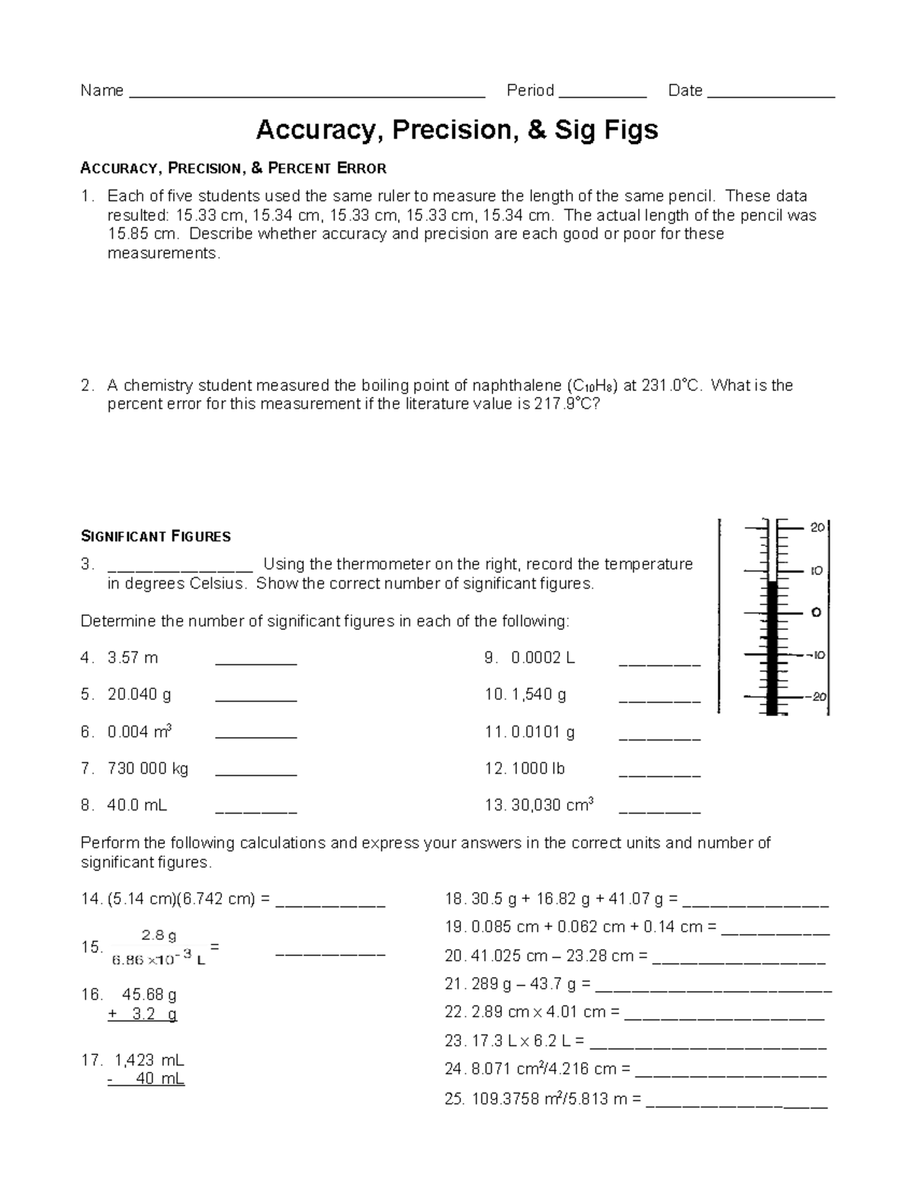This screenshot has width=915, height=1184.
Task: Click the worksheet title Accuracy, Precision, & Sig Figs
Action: point(457,130)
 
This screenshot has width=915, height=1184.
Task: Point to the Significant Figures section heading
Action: point(156,537)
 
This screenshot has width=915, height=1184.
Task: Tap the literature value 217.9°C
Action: point(567,404)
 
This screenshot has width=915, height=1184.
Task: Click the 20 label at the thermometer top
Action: point(816,528)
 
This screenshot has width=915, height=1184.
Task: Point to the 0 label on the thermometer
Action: point(816,612)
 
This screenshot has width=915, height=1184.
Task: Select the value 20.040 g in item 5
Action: point(140,695)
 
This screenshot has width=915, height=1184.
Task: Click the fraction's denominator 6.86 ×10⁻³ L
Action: point(159,961)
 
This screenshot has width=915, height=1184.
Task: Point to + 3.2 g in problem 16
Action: point(143,1014)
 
